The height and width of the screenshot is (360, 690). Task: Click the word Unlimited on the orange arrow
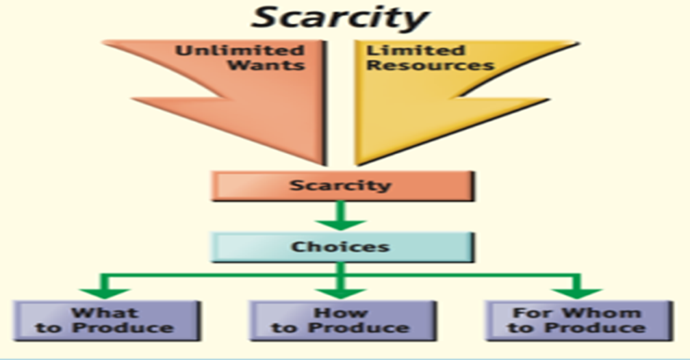click(x=239, y=51)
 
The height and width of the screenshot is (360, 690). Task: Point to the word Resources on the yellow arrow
click(x=430, y=66)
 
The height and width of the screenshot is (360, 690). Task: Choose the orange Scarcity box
click(x=341, y=185)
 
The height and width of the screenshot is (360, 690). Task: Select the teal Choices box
click(x=341, y=246)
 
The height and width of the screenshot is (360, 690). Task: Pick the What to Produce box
click(x=105, y=320)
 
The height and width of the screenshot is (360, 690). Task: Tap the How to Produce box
click(x=341, y=320)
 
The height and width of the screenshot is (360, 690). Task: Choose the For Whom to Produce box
click(x=578, y=320)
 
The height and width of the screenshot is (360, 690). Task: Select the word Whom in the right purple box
click(x=600, y=313)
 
